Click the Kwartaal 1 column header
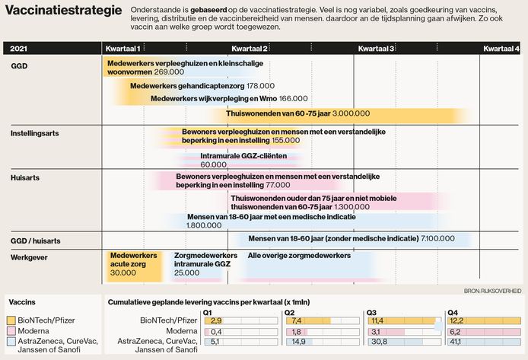[122, 49]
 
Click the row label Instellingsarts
[35, 133]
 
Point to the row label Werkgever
[30, 257]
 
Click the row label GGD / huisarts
[36, 241]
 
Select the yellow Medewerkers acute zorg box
[134, 264]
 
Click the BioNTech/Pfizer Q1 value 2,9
[216, 321]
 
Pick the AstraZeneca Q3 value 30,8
[378, 343]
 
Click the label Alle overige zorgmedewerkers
[300, 256]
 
